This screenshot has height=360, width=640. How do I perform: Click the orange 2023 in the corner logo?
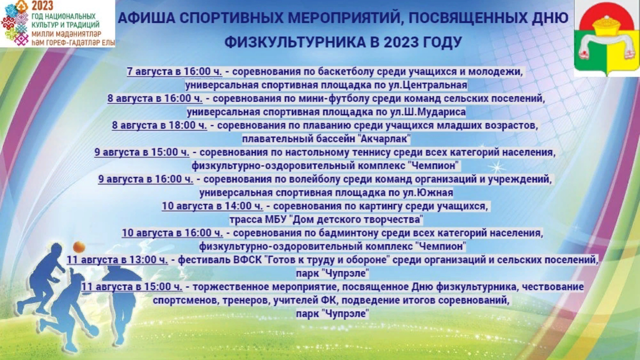click(x=42, y=6)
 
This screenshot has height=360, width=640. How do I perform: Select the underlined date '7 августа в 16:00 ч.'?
click(x=174, y=72)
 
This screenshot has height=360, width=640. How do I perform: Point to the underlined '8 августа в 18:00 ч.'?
click(x=160, y=125)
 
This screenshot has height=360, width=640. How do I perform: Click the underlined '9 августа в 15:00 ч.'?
click(x=142, y=152)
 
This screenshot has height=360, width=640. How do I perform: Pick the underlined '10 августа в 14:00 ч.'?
click(x=212, y=206)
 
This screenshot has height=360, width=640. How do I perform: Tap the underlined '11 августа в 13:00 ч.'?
click(x=117, y=260)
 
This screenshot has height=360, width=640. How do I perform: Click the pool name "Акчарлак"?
click(x=384, y=139)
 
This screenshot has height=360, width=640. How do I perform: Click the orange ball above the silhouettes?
click(x=79, y=247)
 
